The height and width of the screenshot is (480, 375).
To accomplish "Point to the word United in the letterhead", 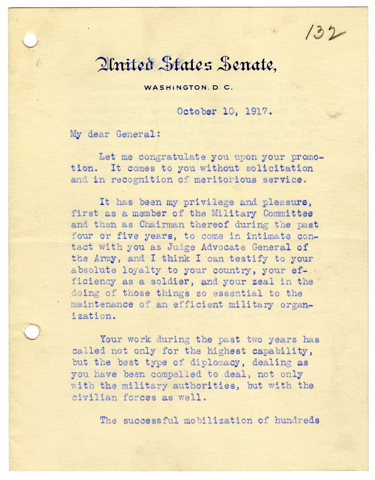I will click(125, 64).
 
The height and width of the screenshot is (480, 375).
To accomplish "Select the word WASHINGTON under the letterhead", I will click(175, 88).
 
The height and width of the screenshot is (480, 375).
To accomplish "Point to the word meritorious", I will click(225, 180).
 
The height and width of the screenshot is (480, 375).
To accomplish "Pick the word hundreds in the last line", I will click(297, 420).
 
